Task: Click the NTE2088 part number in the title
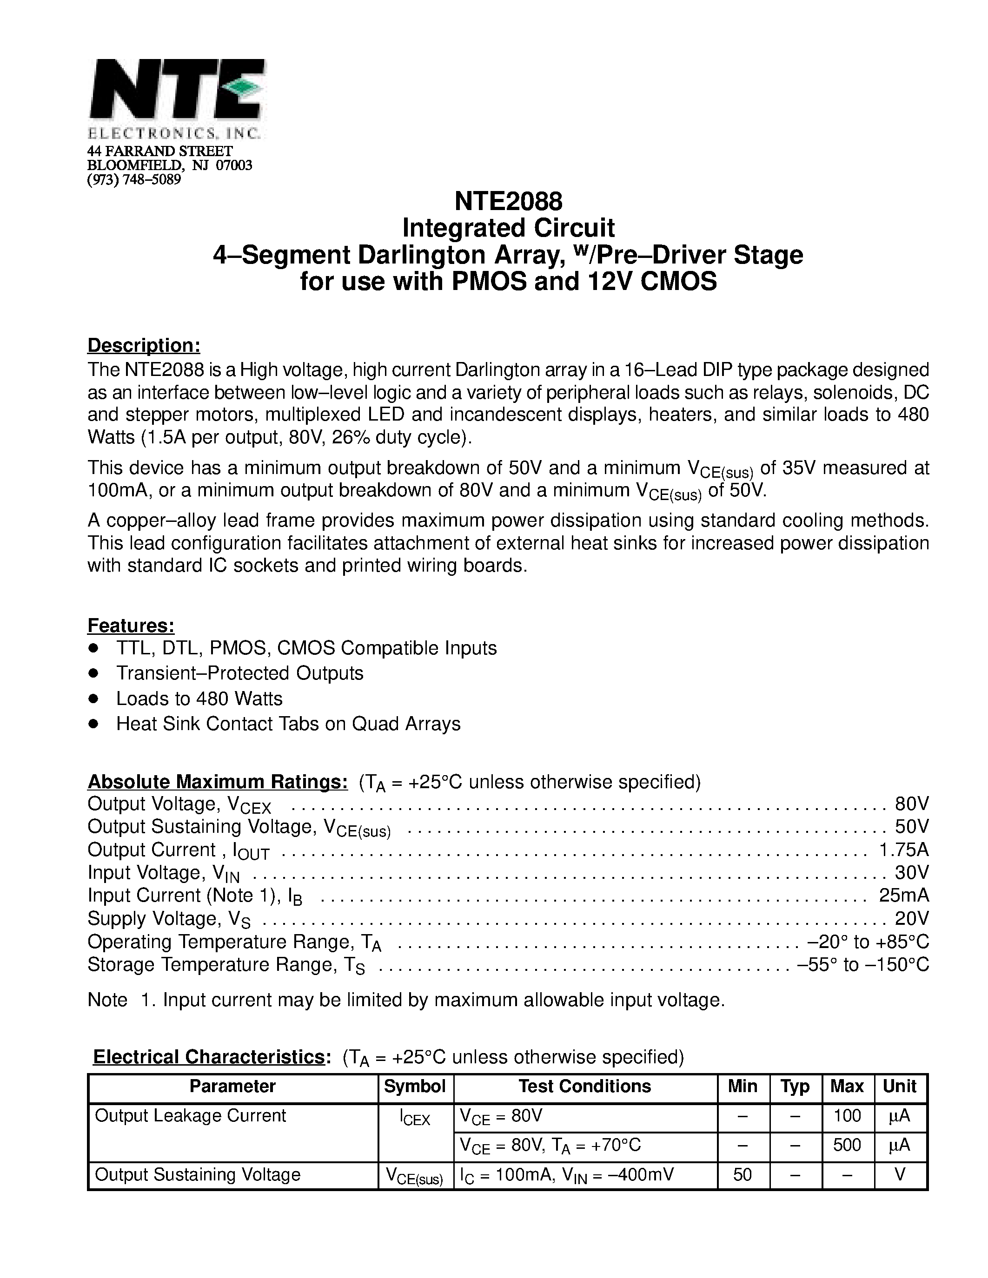508,202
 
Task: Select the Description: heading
144,345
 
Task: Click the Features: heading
131,626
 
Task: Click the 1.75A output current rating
904,850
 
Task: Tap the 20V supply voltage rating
912,918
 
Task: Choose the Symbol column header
415,1086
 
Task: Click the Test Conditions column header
585,1086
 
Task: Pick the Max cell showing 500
847,1145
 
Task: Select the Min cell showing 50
742,1174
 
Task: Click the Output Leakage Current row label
190,1116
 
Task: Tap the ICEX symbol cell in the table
415,1119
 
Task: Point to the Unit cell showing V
900,1174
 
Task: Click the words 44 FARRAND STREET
160,152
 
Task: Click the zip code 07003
234,165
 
